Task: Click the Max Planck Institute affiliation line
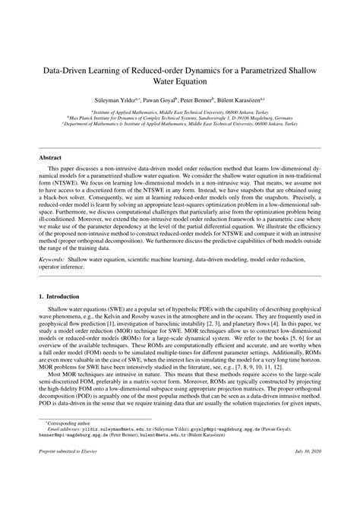tap(180, 119)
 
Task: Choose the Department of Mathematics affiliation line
tap(180, 125)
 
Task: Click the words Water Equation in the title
tap(180, 82)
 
